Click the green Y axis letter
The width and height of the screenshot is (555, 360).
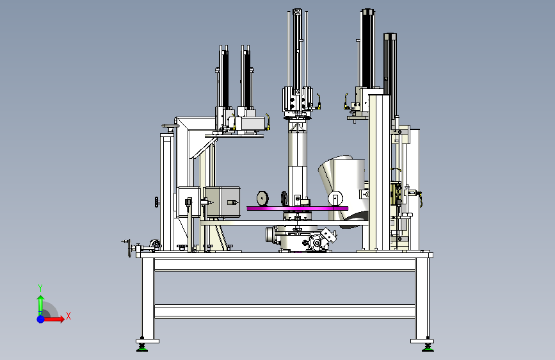(40, 288)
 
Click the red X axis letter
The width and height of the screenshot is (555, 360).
(68, 316)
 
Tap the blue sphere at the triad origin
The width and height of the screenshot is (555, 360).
(41, 319)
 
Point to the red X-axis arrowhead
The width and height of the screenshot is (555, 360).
(61, 319)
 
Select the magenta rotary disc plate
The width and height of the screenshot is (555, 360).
(297, 208)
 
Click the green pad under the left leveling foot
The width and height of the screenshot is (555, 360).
(142, 349)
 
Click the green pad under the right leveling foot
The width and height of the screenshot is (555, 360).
(428, 349)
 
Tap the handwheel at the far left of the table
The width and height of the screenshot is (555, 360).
(129, 248)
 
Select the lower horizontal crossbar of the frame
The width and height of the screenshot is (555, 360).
(285, 311)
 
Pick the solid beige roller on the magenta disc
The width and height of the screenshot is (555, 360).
(262, 199)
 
